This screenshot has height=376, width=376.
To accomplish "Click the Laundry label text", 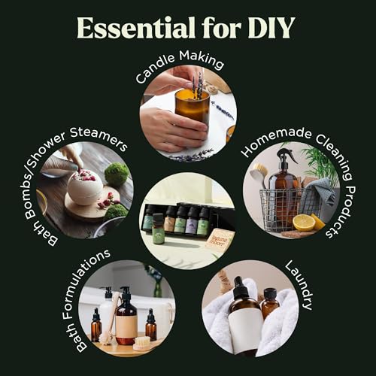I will pos(300,287).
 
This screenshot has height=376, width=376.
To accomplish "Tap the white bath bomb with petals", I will pos(85,186).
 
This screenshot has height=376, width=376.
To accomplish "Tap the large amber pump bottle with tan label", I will pos(126,318).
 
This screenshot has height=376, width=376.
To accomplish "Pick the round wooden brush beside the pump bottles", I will pos(141,343).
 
